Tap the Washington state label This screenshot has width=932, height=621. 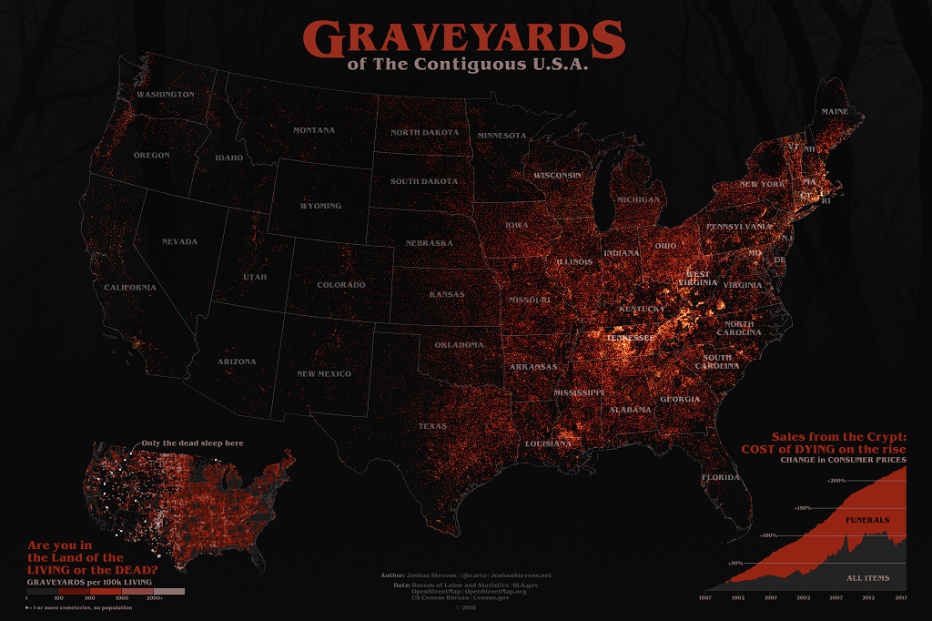coord(165,95)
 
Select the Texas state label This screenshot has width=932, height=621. coord(432,426)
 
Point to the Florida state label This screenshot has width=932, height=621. coord(720,477)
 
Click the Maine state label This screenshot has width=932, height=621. coord(835,112)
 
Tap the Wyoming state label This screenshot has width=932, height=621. coord(320,206)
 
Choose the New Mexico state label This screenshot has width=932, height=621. coord(324,373)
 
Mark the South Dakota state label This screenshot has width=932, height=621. coord(424,181)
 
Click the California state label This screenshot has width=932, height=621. coord(129,288)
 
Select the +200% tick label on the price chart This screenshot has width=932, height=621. coord(835,481)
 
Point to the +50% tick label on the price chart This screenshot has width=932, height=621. coord(736,563)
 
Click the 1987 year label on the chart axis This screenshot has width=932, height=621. coord(705,598)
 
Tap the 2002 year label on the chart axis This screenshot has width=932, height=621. coord(804,598)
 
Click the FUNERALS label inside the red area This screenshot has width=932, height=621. coord(867,520)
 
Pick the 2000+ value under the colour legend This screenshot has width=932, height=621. coord(154,598)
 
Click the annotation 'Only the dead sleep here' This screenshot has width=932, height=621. coord(191,443)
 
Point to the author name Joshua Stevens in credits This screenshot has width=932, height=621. coord(432,576)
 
